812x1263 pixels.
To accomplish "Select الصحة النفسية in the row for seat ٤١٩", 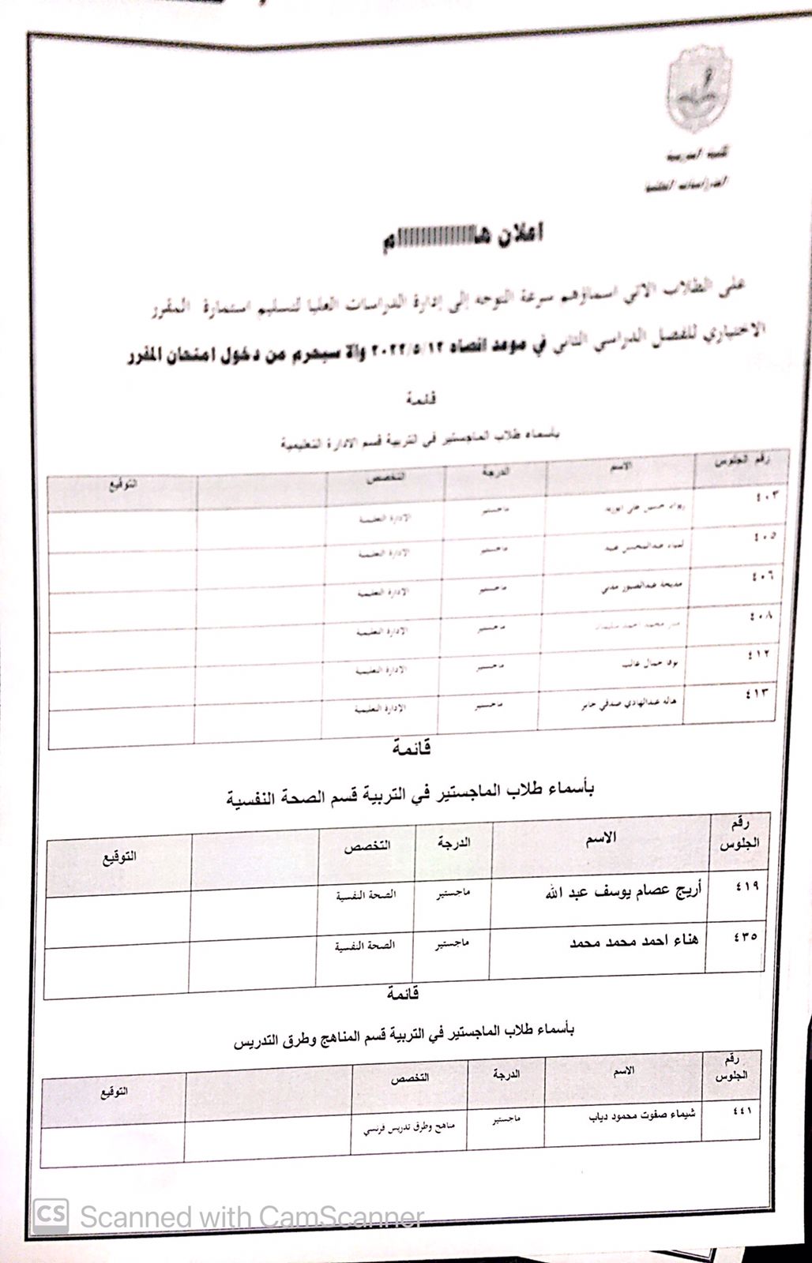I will tap(366, 894).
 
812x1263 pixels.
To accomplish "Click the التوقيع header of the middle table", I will tap(119, 856).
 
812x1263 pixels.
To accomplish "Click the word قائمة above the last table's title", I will tap(403, 993).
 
